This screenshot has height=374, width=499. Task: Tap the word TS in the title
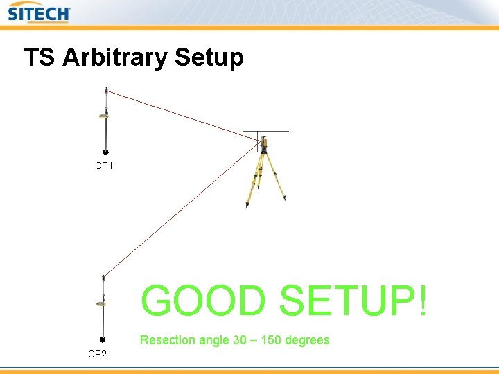[x=40, y=57]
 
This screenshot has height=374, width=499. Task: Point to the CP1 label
[x=104, y=166]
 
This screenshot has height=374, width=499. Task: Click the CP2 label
[x=97, y=354]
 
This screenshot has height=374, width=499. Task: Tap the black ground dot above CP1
[x=104, y=151]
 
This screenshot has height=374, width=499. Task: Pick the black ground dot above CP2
[x=102, y=340]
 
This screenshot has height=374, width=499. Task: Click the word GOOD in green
[x=203, y=301]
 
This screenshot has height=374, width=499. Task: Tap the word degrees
[x=307, y=340]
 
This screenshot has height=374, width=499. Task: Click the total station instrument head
[x=263, y=143]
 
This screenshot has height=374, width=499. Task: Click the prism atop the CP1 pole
[x=106, y=91]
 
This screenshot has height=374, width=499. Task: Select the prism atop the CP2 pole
[x=103, y=278]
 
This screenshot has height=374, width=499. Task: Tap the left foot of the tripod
[x=247, y=205]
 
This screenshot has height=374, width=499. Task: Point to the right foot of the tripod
[x=284, y=199]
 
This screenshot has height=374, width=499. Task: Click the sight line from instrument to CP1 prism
[x=184, y=116]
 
